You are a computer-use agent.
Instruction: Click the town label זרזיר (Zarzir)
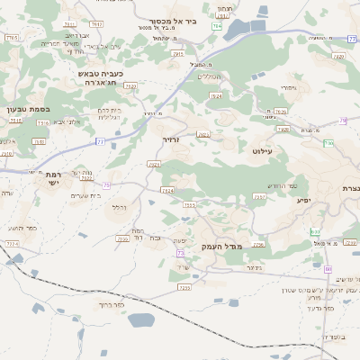pyautogui.click(x=172, y=140)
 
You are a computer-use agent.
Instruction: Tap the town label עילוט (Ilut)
pyautogui.click(x=262, y=154)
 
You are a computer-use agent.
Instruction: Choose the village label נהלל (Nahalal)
pyautogui.click(x=118, y=207)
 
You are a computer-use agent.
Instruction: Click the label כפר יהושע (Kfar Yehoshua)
pyautogui.click(x=25, y=229)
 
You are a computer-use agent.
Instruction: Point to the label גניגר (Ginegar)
pyautogui.click(x=253, y=267)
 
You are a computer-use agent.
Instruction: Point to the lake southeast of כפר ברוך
pyautogui.click(x=142, y=319)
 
